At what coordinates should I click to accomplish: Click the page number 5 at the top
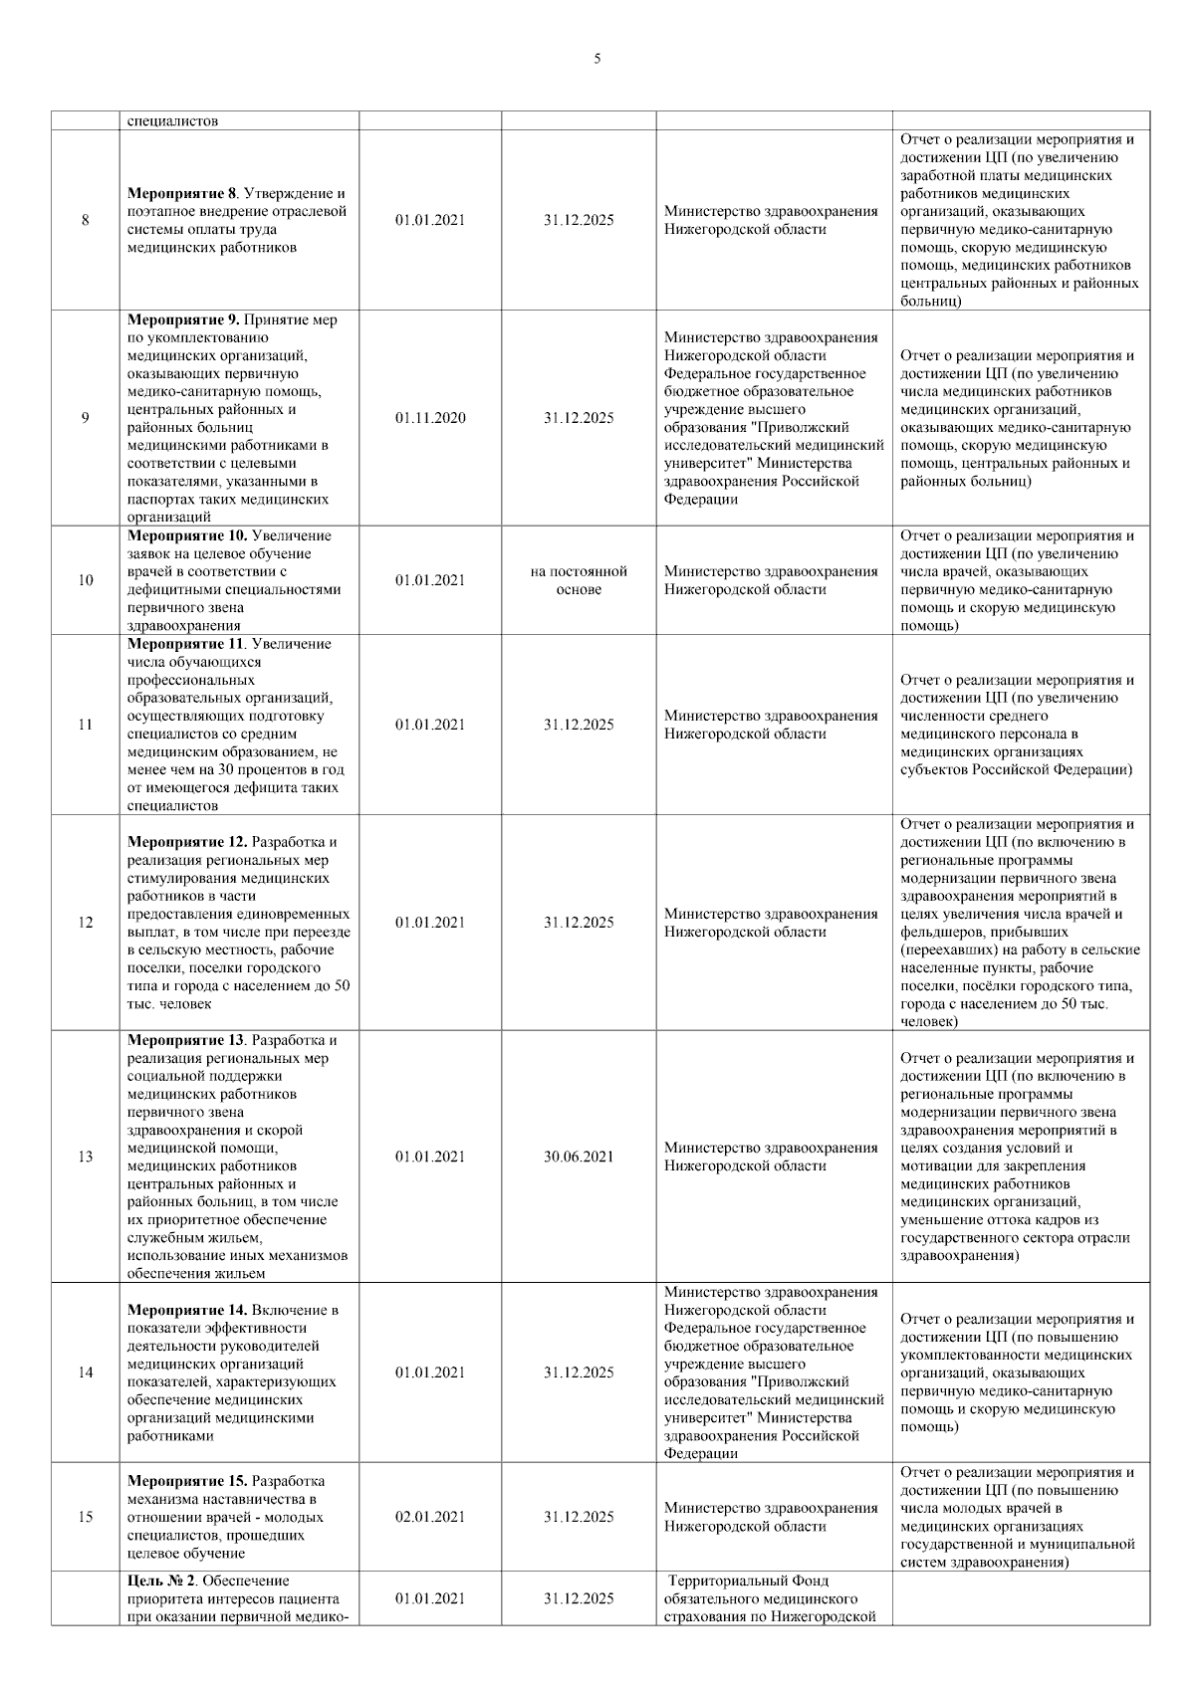(x=597, y=59)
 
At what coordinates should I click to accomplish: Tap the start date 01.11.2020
(x=429, y=418)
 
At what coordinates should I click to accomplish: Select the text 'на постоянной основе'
(x=579, y=580)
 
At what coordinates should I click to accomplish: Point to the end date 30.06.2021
(x=579, y=1157)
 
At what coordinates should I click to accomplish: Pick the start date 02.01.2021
(x=429, y=1517)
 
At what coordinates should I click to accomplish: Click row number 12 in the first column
(x=86, y=923)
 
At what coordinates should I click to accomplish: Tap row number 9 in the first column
(x=86, y=418)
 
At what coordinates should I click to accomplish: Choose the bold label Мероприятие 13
(x=186, y=1040)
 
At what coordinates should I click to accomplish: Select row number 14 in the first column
(x=86, y=1372)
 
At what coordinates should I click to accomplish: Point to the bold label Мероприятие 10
(x=187, y=535)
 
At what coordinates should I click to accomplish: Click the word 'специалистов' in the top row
(x=172, y=121)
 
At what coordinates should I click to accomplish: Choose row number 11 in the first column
(x=86, y=725)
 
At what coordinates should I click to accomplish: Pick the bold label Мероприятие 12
(x=187, y=842)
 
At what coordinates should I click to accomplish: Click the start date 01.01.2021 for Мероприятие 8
(x=429, y=220)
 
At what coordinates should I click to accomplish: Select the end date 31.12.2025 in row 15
(x=579, y=1517)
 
